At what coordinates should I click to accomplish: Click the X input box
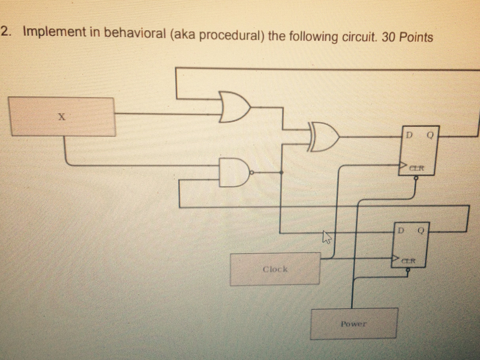pos(62,117)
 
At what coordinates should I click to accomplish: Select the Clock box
pos(275,269)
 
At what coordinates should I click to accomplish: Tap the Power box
pos(354,323)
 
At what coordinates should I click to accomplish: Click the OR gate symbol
pos(234,107)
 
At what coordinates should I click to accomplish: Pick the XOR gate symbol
pos(323,137)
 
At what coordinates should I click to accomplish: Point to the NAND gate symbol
pos(234,172)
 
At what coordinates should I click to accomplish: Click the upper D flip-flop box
pos(419,150)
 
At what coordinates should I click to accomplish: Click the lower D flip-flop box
pos(411,244)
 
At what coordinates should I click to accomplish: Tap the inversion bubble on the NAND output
pos(251,172)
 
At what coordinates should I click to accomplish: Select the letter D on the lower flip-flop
pos(401,231)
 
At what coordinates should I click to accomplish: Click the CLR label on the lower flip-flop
pos(409,260)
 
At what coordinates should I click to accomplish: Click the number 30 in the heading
pos(388,37)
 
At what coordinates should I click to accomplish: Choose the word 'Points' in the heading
pos(416,37)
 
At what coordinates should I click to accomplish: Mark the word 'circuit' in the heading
pos(360,37)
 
